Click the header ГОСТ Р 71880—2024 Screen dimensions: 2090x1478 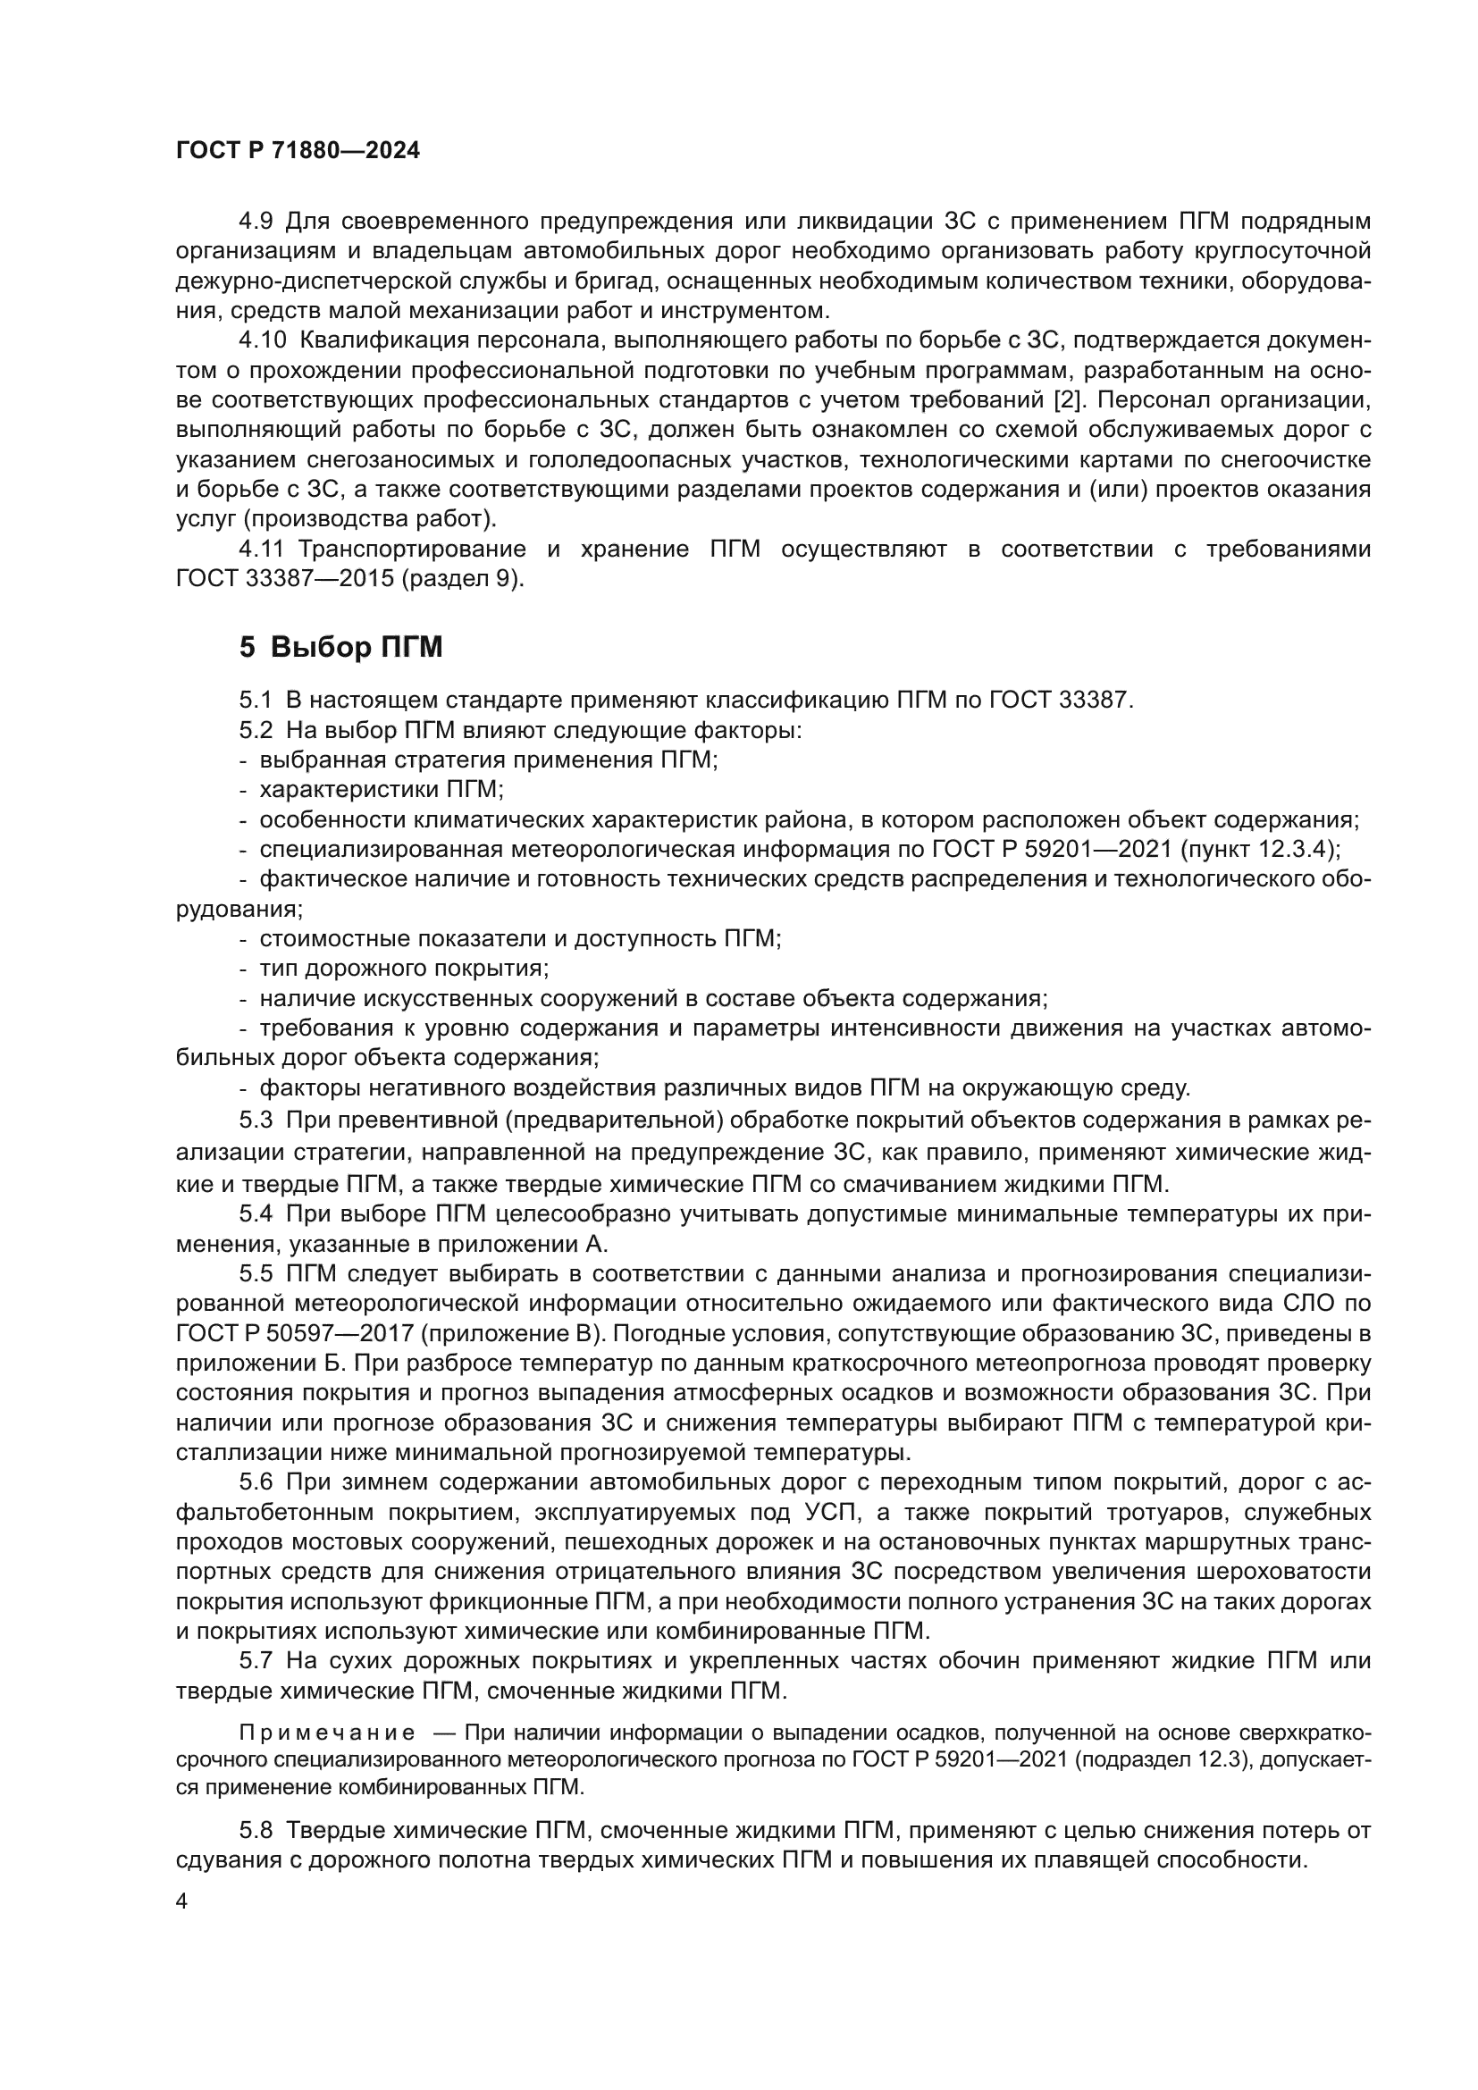298,151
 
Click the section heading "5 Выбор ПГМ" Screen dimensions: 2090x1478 340,647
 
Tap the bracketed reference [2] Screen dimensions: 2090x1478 1074,400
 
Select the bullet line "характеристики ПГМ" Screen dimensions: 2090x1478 382,788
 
